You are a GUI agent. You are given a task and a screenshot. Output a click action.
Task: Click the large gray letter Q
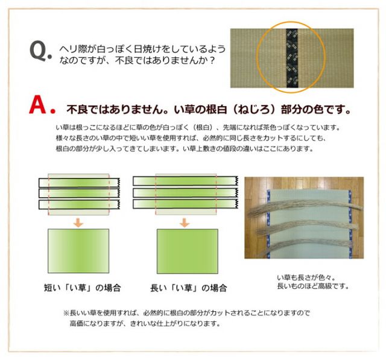point(39,51)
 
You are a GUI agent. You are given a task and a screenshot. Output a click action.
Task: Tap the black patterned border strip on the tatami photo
point(292,58)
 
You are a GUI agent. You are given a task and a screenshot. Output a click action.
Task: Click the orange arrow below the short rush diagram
point(78,222)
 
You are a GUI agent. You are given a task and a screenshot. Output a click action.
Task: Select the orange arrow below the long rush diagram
point(185,222)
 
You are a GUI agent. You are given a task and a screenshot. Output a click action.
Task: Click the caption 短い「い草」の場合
point(83,288)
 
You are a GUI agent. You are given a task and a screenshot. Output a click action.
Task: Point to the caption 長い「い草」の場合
point(189,288)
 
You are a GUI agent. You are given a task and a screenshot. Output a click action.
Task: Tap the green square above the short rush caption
point(78,251)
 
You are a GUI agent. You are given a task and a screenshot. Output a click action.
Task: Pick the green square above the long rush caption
point(188,251)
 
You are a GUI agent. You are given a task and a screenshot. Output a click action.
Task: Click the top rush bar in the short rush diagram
point(79,183)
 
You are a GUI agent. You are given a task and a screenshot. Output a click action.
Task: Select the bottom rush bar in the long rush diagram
point(185,204)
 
